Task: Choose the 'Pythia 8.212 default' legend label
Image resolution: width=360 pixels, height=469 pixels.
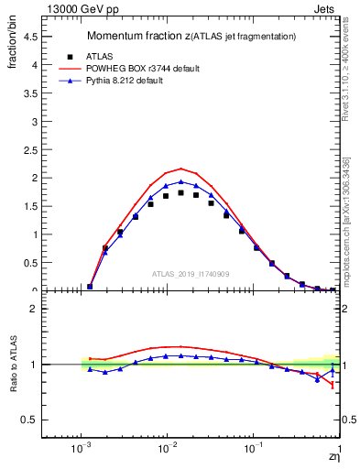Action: click(x=139, y=81)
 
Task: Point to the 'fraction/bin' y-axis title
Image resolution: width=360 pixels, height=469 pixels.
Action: click(x=13, y=46)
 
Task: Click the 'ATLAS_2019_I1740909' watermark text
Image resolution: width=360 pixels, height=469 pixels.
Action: click(x=189, y=275)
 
